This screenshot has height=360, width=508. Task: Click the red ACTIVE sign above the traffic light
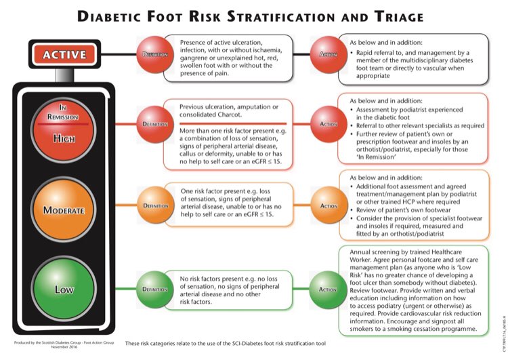click(65, 54)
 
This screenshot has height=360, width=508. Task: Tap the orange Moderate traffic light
click(64, 209)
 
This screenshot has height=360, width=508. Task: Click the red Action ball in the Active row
click(327, 54)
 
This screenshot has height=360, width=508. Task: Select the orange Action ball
click(327, 205)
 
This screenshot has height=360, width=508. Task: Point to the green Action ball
click(327, 289)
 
